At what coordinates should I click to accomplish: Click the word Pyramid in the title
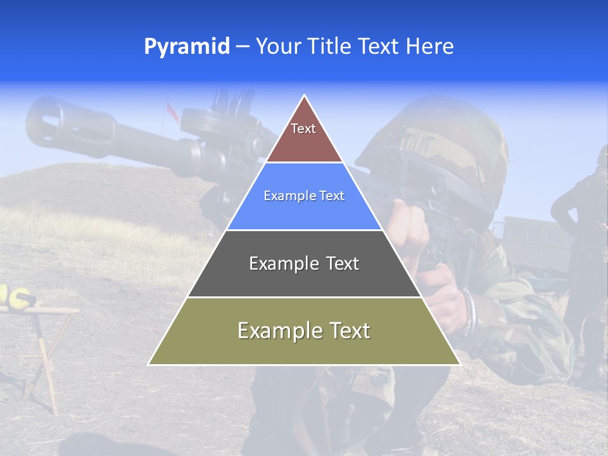(187, 47)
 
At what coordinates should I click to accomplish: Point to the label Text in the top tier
(303, 129)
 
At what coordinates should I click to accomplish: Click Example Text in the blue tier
(304, 196)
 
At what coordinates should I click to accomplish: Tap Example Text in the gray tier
(304, 263)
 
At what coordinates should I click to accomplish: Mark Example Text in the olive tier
(304, 331)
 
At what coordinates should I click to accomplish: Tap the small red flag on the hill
(171, 109)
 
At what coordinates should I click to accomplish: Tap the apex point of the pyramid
(305, 96)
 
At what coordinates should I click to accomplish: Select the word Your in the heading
(276, 47)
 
